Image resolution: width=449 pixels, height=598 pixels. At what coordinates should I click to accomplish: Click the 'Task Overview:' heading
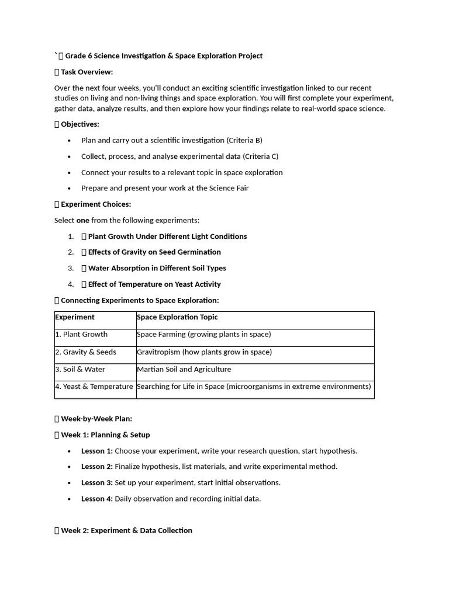tap(87, 72)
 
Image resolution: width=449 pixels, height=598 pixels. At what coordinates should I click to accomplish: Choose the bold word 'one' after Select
tap(82, 220)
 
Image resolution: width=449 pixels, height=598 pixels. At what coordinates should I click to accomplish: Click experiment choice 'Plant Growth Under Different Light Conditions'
tap(167, 237)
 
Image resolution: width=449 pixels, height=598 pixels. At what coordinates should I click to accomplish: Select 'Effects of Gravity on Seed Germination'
tap(154, 252)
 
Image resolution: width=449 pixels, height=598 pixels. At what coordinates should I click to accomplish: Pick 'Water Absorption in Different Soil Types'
tap(157, 268)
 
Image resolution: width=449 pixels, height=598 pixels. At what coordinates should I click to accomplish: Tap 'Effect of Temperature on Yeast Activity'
tap(154, 284)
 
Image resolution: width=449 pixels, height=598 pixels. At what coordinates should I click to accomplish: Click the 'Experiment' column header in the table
tap(75, 317)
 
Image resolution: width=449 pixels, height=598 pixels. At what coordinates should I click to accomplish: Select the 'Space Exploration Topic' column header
tap(177, 317)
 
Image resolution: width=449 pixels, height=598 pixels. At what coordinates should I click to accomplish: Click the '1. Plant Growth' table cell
tap(81, 335)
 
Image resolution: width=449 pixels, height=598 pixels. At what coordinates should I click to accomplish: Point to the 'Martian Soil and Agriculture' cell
tap(184, 370)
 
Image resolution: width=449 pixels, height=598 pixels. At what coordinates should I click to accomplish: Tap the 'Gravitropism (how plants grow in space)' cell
tap(204, 352)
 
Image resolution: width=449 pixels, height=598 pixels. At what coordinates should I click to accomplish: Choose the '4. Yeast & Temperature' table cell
tap(94, 387)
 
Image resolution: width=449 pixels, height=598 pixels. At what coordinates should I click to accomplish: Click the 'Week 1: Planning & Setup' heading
tap(105, 435)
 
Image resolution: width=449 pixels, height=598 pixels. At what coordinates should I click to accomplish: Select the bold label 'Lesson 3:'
tap(97, 483)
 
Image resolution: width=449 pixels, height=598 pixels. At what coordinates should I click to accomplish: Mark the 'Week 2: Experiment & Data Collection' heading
tap(126, 530)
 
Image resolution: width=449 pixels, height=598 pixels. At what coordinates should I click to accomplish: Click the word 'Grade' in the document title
tap(75, 56)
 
